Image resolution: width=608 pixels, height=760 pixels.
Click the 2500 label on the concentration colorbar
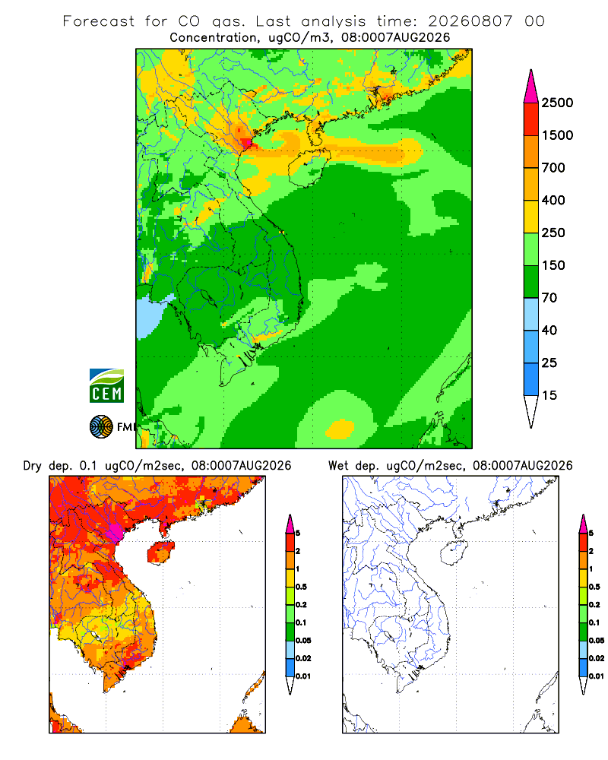(557, 103)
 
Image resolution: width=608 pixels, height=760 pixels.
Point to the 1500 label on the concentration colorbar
(557, 135)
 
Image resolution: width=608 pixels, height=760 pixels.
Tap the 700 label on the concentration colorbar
(553, 168)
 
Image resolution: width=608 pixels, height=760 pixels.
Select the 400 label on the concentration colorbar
(553, 200)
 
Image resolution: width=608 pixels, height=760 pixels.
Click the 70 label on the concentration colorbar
(549, 298)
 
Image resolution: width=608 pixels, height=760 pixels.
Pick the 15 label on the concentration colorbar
(549, 395)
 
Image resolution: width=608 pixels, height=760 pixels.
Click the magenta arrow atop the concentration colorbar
(531, 87)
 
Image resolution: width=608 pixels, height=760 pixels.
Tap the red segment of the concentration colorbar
(531, 119)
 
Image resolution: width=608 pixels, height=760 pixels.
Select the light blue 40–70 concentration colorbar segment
(531, 314)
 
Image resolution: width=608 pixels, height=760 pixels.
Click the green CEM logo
(106, 386)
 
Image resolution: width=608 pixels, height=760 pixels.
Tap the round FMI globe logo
(101, 427)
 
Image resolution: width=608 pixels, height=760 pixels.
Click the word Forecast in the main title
(99, 21)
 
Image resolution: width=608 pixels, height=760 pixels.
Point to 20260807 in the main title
(470, 21)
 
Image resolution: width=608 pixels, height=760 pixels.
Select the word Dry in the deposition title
(33, 466)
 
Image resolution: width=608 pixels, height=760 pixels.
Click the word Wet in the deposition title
(338, 466)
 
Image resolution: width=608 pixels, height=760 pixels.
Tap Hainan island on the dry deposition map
(160, 553)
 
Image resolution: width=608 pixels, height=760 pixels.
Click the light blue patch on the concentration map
(150, 317)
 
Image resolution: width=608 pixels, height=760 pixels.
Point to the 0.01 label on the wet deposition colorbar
(597, 676)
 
